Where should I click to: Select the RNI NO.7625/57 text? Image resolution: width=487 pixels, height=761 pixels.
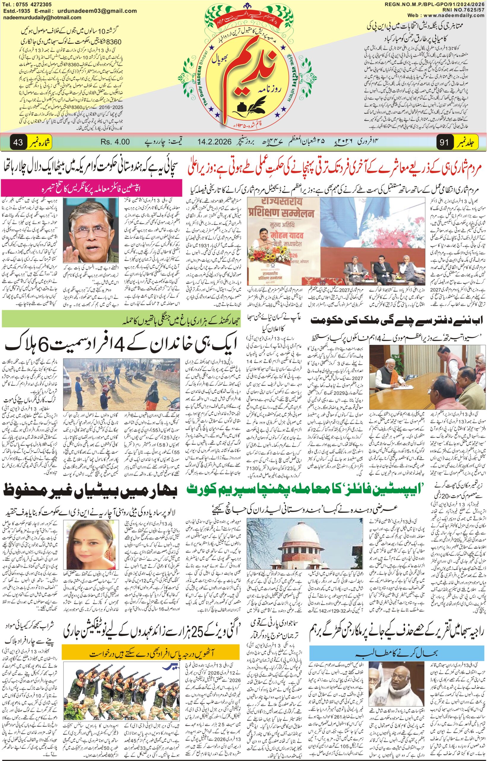(x=464, y=10)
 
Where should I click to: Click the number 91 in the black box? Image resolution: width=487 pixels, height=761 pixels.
(x=444, y=142)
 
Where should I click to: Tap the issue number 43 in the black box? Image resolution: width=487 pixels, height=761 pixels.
(x=18, y=142)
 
